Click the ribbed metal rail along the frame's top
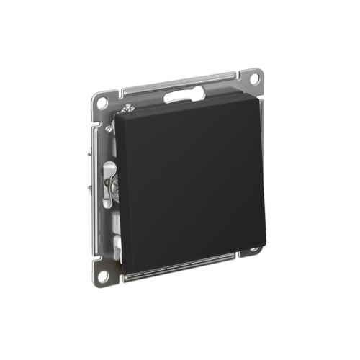(180, 85)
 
